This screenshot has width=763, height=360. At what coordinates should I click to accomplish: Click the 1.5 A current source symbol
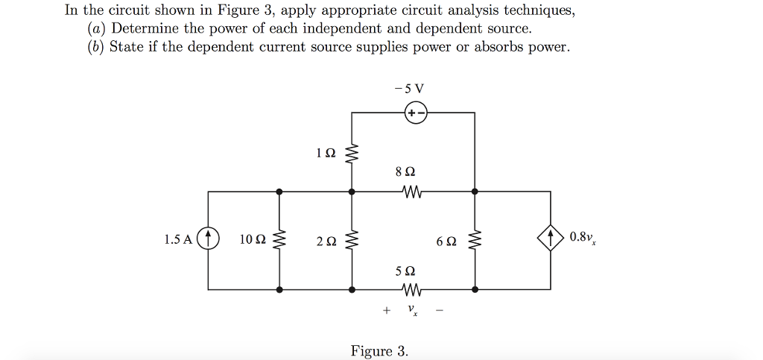click(209, 239)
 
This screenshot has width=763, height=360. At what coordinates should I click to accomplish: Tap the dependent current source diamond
click(551, 239)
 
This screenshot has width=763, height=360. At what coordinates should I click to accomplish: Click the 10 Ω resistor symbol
click(279, 240)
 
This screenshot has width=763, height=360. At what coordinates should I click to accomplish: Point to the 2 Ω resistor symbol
click(352, 240)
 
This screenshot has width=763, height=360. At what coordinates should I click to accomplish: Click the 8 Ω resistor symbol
click(412, 192)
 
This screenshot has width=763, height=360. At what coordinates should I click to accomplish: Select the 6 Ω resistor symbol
click(475, 240)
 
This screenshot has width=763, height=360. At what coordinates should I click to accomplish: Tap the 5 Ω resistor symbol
click(412, 288)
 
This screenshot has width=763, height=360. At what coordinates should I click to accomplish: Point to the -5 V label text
click(412, 88)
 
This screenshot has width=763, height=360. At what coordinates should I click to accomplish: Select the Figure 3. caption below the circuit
click(379, 351)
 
